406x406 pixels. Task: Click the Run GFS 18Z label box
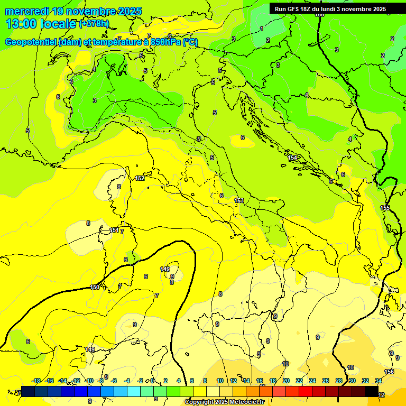pyautogui.click(x=330, y=9)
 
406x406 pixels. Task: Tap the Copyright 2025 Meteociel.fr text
pyautogui.click(x=224, y=402)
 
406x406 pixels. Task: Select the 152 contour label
pyautogui.click(x=140, y=179)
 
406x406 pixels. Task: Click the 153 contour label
pyautogui.click(x=239, y=200)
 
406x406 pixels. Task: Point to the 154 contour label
pyautogui.click(x=292, y=158)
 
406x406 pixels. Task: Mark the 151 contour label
pyautogui.click(x=114, y=230)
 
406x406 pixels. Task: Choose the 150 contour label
pyautogui.click(x=95, y=287)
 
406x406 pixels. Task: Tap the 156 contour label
pyautogui.click(x=389, y=372)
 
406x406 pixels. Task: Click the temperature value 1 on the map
pyautogui.click(x=262, y=29)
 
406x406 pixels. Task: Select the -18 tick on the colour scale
pyautogui.click(x=36, y=381)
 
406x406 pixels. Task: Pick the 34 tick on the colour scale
pyautogui.click(x=379, y=381)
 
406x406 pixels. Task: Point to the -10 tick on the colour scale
pyautogui.click(x=89, y=381)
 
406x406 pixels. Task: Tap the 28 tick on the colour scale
pyautogui.click(x=339, y=381)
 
